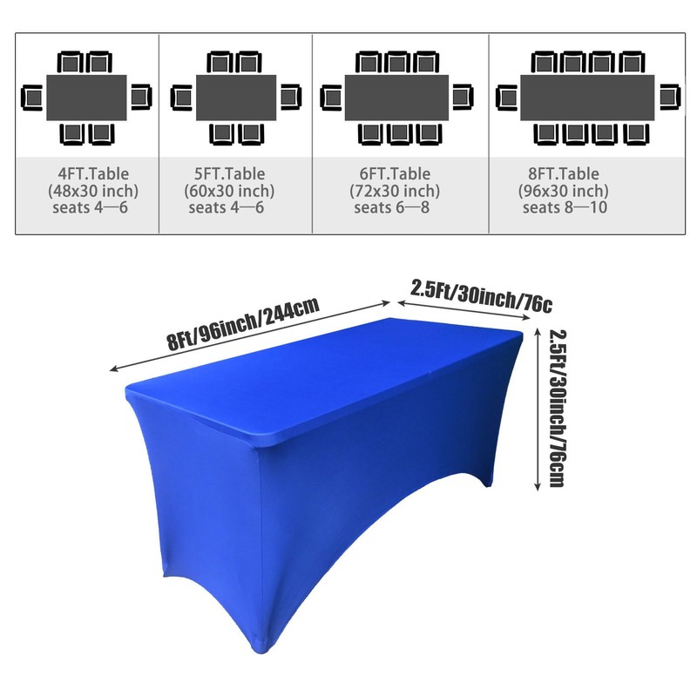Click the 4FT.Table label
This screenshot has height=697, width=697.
[93, 173]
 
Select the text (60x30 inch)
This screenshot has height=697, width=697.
[229, 191]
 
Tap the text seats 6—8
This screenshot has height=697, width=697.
[391, 207]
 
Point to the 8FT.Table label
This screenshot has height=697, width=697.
[564, 173]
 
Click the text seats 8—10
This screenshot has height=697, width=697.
[565, 207]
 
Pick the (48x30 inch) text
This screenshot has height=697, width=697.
[93, 191]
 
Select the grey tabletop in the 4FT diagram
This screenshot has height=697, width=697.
[86, 98]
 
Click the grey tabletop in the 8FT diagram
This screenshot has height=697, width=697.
[587, 98]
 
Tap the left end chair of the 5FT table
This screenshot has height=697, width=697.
[181, 98]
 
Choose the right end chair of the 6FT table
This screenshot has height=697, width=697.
[463, 97]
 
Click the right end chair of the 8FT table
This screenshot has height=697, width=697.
[670, 97]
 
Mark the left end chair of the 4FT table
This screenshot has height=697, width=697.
[31, 98]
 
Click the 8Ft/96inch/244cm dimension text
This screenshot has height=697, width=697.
[243, 322]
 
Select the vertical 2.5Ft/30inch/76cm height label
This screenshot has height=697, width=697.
[558, 408]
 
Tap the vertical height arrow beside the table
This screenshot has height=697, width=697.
[538, 409]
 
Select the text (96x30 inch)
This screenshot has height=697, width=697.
[564, 191]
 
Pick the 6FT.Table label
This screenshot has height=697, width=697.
[395, 173]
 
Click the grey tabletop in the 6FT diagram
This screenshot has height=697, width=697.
[397, 98]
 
